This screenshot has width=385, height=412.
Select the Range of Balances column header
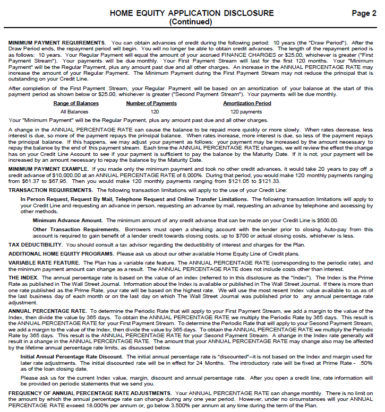(76, 103)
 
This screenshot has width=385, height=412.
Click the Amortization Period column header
(247, 103)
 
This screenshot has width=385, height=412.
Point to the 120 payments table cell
(246, 112)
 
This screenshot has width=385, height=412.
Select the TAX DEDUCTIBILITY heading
(36, 244)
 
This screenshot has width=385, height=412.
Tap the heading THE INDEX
(22, 277)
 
